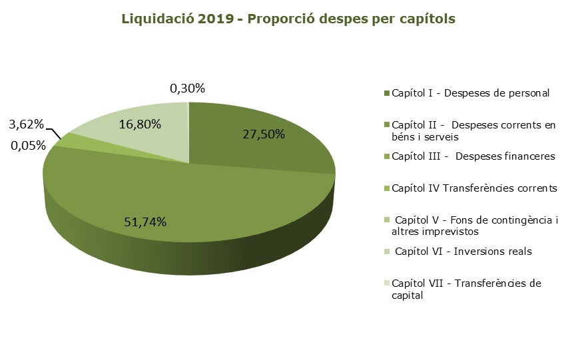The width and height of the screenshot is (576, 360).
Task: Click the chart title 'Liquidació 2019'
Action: pyautogui.click(x=178, y=19)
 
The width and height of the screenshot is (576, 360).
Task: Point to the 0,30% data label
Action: pyautogui.click(x=187, y=89)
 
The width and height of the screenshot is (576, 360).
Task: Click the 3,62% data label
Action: pyautogui.click(x=27, y=124)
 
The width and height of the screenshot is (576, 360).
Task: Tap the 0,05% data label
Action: pyautogui.click(x=28, y=146)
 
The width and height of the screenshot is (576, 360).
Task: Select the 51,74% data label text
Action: pyautogui.click(x=145, y=222)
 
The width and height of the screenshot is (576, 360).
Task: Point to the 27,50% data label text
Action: pyautogui.click(x=264, y=134)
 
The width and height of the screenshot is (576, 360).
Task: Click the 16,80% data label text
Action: pyautogui.click(x=140, y=124)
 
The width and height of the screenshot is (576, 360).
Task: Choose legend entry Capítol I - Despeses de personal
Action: pyautogui.click(x=467, y=93)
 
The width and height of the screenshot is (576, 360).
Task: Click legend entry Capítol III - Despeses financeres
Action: pyautogui.click(x=469, y=156)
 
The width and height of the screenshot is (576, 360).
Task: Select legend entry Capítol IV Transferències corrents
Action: pyautogui.click(x=471, y=188)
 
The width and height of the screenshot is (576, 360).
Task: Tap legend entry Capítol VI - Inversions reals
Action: pyautogui.click(x=457, y=252)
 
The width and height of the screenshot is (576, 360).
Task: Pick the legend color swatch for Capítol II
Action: pyautogui.click(x=386, y=125)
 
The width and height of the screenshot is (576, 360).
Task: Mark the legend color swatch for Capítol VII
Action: pyautogui.click(x=386, y=283)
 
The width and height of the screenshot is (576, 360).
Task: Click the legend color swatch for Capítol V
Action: pyautogui.click(x=386, y=220)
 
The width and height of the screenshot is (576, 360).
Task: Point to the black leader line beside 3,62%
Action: pyautogui.click(x=54, y=133)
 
